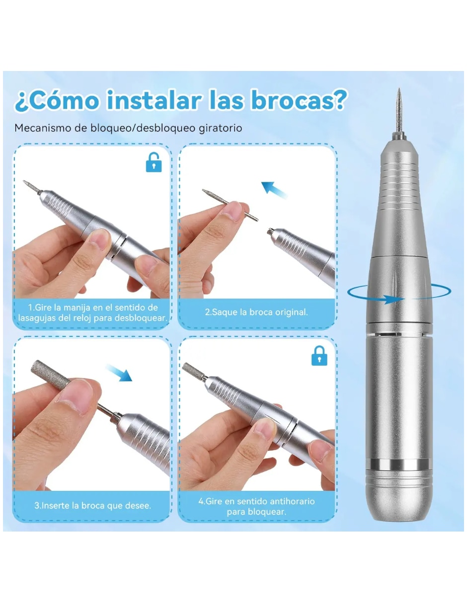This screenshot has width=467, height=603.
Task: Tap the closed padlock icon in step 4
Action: (x=319, y=355)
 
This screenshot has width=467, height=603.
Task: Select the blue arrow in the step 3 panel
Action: (x=119, y=372)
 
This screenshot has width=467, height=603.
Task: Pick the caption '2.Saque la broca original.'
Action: (x=256, y=312)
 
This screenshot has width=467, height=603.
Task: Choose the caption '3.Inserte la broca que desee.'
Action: (x=92, y=505)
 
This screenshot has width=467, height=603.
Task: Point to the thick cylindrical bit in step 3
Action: (x=51, y=375)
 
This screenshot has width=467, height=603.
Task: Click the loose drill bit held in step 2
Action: (x=230, y=205)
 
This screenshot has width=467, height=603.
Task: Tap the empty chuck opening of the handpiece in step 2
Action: (x=269, y=231)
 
